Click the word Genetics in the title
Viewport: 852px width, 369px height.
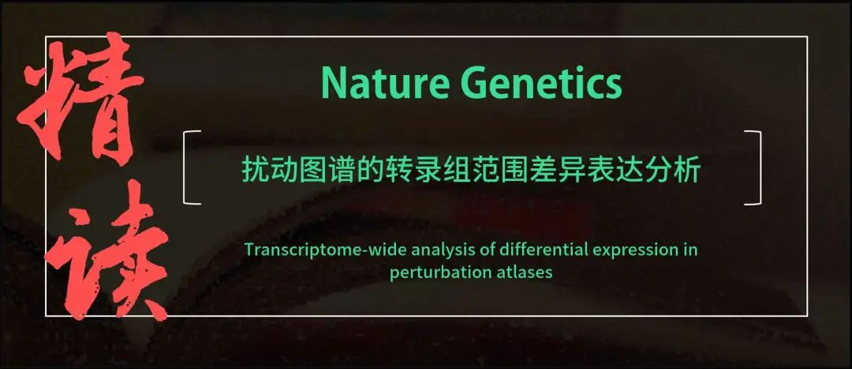[541, 83]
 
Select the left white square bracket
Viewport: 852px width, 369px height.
[192, 168]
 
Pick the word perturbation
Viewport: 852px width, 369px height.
[428, 272]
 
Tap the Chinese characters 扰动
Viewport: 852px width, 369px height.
[267, 171]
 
